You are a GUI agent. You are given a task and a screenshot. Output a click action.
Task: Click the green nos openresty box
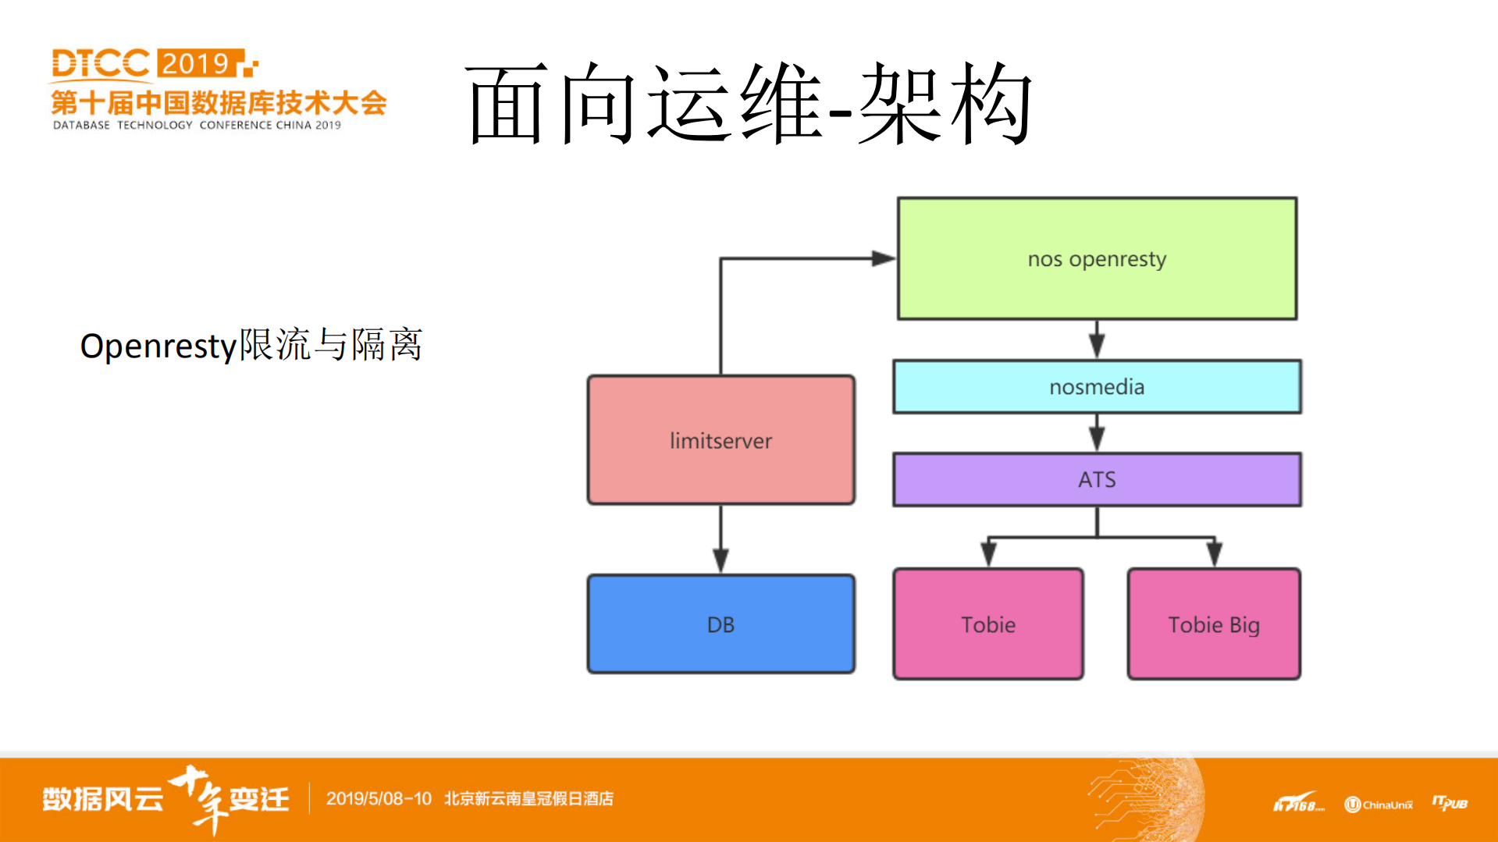pos(1097,258)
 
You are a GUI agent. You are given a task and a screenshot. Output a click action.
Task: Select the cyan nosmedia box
pos(1097,386)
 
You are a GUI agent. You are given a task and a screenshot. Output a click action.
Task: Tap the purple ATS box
pos(1097,479)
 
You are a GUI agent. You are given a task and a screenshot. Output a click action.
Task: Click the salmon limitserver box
pos(721,440)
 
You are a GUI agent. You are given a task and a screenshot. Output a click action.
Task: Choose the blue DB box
pos(721,624)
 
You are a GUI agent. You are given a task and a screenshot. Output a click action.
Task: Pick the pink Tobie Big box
pos(1214,624)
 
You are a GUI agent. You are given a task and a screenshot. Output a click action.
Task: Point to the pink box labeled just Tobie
pos(988,624)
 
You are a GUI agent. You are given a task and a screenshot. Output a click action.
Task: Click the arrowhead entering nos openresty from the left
pos(884,258)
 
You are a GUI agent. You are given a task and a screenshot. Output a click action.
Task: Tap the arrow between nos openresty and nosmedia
pos(1097,340)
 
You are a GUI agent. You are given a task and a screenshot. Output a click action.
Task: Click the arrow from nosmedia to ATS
pos(1097,433)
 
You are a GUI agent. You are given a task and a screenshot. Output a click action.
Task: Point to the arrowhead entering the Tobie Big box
pos(1214,554)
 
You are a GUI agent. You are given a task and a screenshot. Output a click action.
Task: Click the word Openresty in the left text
pos(158,346)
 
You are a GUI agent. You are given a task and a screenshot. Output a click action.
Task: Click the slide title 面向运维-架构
pos(749,104)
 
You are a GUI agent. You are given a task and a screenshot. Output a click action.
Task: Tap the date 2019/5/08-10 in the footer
pos(379,798)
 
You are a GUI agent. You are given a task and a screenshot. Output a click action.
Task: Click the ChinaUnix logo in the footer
pos(1379,805)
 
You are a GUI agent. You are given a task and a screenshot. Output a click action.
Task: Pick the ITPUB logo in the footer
pos(1450,802)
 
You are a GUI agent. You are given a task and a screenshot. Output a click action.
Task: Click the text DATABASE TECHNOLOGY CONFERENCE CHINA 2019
pos(197,125)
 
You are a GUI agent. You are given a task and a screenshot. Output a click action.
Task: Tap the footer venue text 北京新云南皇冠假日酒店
pos(528,798)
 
